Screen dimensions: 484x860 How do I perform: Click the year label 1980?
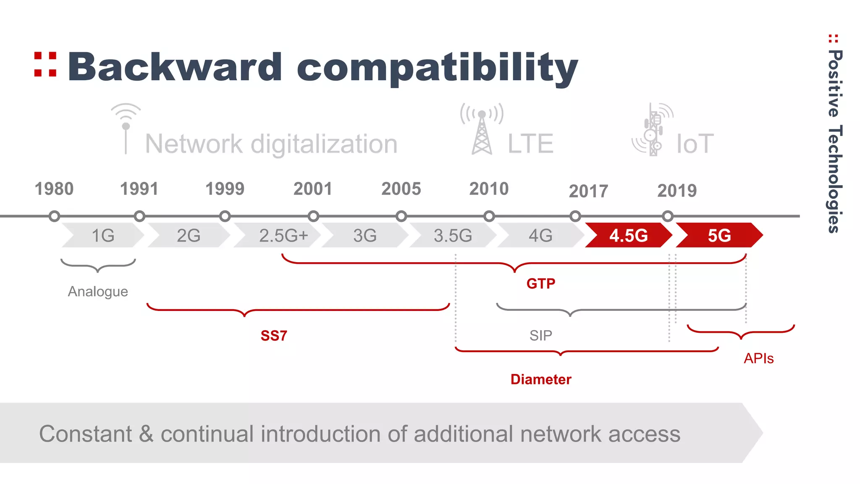pos(54,189)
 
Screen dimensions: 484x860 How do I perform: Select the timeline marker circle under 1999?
pos(225,216)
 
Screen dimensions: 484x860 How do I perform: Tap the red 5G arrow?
pos(719,235)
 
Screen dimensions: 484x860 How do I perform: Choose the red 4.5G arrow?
pos(628,235)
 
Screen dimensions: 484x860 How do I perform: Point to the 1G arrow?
pos(103,235)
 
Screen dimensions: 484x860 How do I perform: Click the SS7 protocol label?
pos(274,336)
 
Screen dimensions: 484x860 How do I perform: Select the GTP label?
pos(540,284)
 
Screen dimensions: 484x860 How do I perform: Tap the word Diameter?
pos(541,379)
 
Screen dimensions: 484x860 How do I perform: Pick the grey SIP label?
pos(540,335)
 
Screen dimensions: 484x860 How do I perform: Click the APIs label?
pos(758,358)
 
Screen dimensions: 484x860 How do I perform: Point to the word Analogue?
pos(98,292)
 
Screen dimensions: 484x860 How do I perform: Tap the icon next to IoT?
pos(653,130)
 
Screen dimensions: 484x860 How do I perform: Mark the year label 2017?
pos(588,191)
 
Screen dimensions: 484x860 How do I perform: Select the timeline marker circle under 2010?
pos(489,216)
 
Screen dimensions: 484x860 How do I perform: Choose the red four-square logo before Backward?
pos(45,64)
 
